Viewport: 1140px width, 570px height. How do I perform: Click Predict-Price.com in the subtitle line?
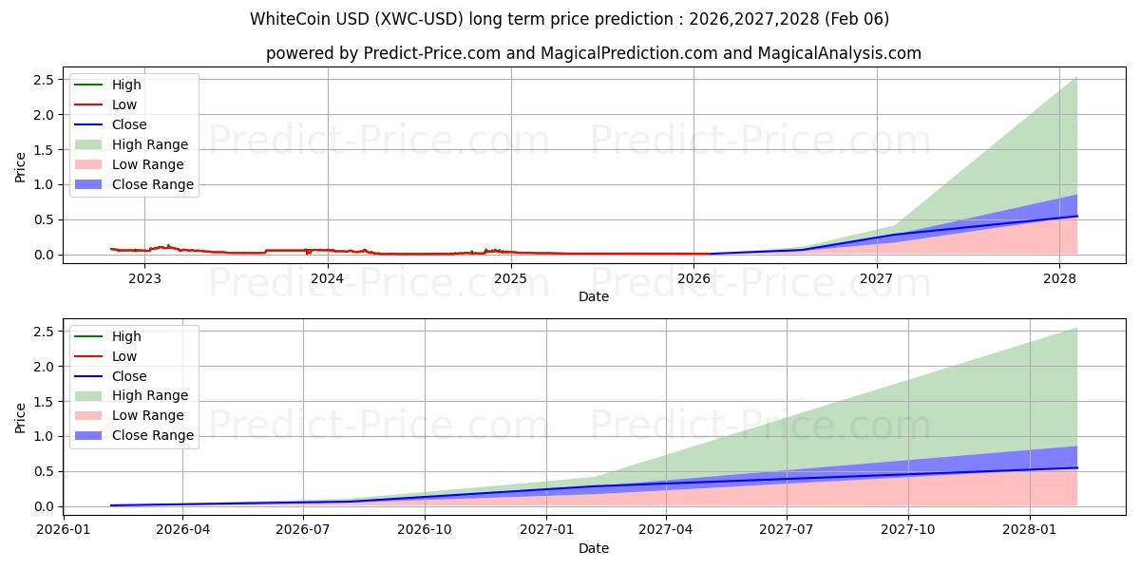[432, 53]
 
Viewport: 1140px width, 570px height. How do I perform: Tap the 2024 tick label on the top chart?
[328, 278]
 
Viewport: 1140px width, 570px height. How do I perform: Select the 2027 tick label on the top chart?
[876, 278]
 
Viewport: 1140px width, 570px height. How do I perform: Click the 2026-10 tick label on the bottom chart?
[425, 530]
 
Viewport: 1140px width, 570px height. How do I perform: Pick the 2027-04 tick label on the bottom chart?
[666, 530]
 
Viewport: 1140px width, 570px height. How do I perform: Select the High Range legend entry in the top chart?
[150, 144]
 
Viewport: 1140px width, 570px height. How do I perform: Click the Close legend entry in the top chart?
[129, 124]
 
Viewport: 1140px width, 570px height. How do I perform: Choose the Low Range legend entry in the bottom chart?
[148, 415]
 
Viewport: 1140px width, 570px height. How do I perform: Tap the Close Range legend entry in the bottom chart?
[152, 435]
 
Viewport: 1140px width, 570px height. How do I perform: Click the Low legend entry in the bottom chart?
[124, 356]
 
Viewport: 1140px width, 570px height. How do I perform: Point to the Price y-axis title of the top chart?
[21, 167]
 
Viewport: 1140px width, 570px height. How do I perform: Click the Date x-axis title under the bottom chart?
[594, 548]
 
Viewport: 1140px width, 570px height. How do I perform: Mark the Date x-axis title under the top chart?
[594, 296]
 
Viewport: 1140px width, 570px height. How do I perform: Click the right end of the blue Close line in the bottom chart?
[1076, 467]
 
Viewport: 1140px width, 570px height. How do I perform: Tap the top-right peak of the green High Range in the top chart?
[1076, 78]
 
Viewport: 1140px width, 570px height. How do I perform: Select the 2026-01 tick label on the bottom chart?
[63, 530]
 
